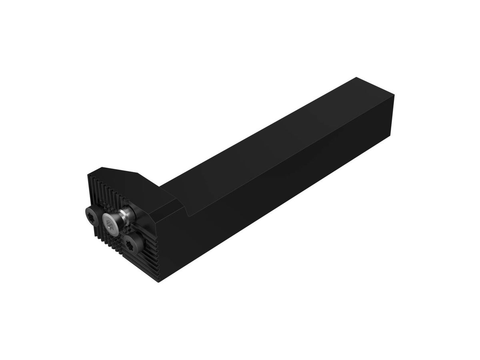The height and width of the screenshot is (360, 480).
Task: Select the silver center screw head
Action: coord(111,222)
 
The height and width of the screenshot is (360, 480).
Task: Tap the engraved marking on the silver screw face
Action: coord(111,227)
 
